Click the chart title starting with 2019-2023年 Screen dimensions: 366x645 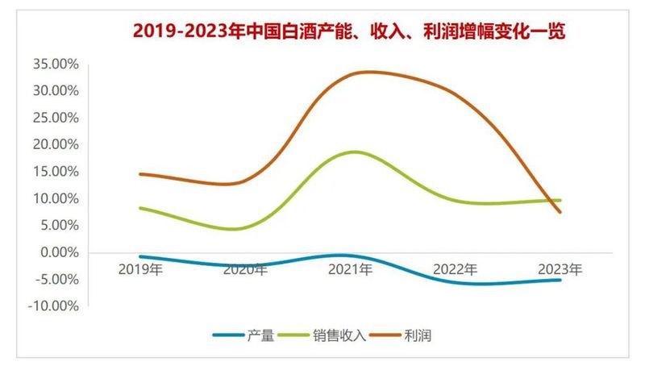click(349, 31)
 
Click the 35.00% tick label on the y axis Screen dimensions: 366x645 click(55, 64)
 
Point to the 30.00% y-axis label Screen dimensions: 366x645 click(55, 90)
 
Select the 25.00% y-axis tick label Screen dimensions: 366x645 click(55, 118)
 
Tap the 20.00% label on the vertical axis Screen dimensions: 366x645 click(55, 144)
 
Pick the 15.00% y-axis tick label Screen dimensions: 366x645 click(55, 172)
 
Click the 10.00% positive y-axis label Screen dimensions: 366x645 click(55, 198)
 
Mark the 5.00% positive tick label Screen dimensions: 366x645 click(58, 225)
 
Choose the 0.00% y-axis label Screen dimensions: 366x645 click(58, 252)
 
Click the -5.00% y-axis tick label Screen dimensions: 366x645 click(56, 279)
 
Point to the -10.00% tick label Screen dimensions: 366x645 click(53, 306)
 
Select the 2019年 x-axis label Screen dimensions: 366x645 click(142, 269)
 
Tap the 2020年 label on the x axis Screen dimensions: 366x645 click(246, 269)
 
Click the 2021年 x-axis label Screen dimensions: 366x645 click(351, 269)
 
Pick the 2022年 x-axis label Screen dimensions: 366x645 click(455, 269)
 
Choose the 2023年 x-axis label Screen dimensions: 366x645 click(560, 269)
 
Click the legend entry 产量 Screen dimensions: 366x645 click(260, 335)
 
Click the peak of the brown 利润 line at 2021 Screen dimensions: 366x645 click(367, 72)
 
